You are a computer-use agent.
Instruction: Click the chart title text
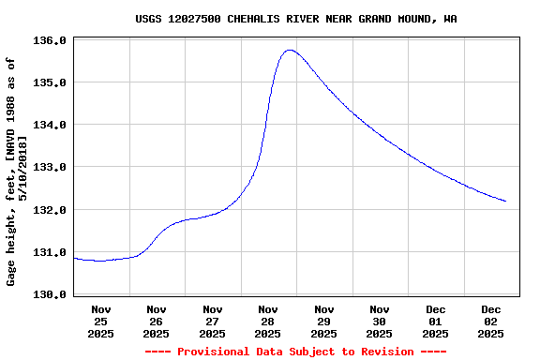(x=296, y=18)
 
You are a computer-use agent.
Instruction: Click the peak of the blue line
(x=290, y=50)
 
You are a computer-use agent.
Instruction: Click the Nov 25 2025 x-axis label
(x=101, y=321)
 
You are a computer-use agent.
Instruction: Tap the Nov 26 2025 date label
(x=157, y=321)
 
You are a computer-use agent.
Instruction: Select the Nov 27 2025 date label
(x=213, y=321)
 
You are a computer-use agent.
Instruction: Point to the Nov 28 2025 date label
(x=268, y=321)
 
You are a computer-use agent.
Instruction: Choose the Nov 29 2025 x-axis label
(x=324, y=321)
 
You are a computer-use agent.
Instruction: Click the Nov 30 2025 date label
(x=380, y=321)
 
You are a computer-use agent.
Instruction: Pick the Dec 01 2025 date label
(x=436, y=321)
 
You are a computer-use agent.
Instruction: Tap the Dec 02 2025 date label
(x=491, y=321)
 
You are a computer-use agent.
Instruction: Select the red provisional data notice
(x=296, y=352)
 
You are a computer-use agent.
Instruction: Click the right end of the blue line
(x=505, y=201)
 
